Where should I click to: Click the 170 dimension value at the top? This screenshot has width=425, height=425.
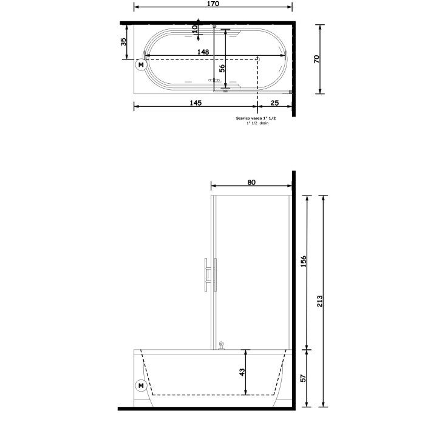(212, 4)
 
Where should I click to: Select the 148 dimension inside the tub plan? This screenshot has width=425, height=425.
(203, 52)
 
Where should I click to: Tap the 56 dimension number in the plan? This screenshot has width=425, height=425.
(222, 69)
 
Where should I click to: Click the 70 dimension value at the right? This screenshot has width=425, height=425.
(316, 59)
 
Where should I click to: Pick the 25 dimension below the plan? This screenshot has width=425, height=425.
(275, 103)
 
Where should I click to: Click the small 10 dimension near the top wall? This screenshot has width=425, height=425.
(195, 28)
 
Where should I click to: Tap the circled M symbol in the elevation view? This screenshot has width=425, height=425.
(141, 385)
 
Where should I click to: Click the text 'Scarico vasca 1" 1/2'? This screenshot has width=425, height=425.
(255, 118)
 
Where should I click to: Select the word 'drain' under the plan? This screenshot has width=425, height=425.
(263, 123)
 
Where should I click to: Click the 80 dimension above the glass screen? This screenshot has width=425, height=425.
(251, 182)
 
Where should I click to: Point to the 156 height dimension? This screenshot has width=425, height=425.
(304, 262)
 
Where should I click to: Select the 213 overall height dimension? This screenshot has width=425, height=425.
(320, 301)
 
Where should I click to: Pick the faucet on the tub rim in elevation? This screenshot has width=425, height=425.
(222, 345)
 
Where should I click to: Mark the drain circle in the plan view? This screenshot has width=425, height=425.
(258, 59)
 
